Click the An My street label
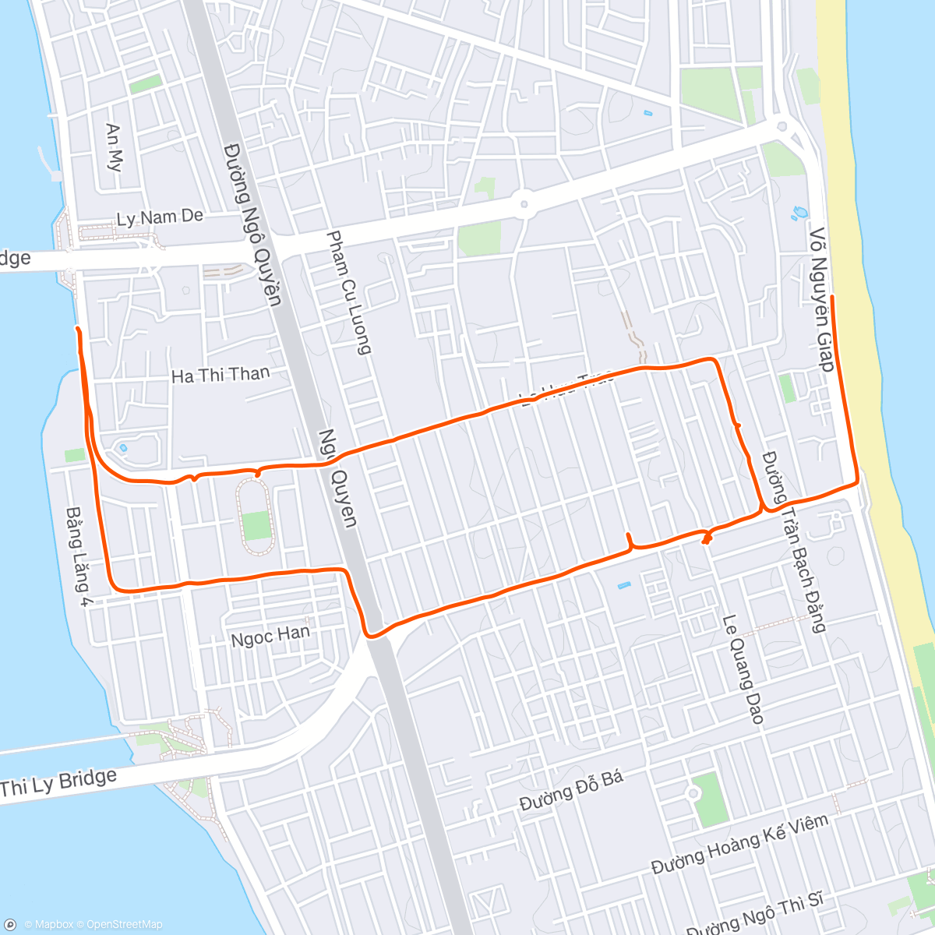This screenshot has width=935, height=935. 115,147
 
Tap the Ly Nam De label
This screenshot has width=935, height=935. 160,217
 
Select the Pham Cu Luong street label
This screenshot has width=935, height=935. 348,292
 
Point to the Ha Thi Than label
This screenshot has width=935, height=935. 220,376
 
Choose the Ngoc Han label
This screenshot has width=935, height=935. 270,637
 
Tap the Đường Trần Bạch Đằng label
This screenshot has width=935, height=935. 793,541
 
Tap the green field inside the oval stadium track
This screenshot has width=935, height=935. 256,526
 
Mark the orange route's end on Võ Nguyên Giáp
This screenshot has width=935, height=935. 832,298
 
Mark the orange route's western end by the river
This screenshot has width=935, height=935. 77,330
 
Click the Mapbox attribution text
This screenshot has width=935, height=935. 48,925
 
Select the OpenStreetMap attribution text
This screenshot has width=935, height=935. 124,925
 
